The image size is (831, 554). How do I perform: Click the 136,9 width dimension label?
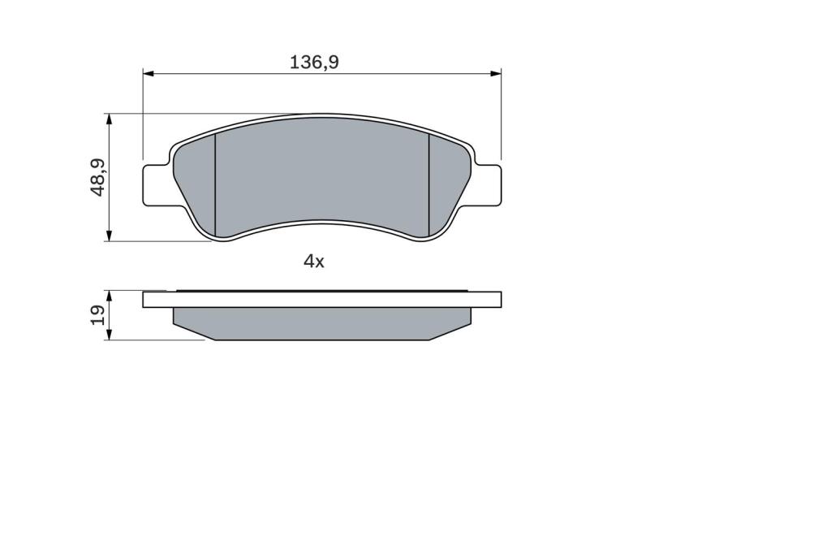(314, 63)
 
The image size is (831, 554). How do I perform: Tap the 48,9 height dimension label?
(98, 177)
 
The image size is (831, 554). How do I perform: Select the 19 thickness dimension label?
(98, 315)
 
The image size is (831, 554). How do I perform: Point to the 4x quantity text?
(313, 261)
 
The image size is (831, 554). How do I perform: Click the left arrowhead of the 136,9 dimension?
(149, 73)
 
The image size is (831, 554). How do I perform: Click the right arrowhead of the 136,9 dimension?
(496, 73)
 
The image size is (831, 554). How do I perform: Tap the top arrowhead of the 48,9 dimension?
(110, 119)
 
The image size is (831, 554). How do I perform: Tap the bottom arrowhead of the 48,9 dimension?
(110, 236)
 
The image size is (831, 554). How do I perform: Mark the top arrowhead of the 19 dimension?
(110, 296)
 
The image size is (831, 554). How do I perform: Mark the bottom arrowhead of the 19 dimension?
(110, 335)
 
